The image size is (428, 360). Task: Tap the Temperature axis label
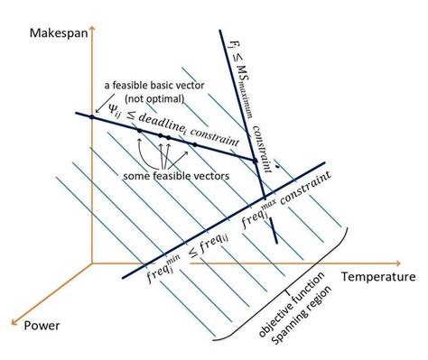[377, 276]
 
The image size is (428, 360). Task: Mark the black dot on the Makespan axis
[92, 117]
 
